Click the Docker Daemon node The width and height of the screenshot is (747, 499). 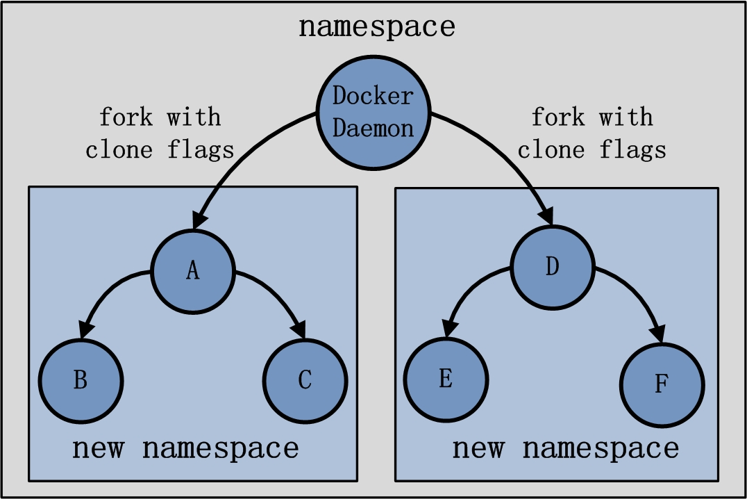pos(373,111)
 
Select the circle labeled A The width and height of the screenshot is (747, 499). pos(194,270)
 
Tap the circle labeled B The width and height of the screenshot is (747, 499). pos(81,380)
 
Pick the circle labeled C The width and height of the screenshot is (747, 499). pos(305,379)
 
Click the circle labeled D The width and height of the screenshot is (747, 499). pos(552,267)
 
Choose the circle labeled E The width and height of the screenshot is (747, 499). pos(446,378)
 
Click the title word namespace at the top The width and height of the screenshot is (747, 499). pos(376,26)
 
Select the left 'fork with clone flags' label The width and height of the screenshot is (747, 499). pos(160,133)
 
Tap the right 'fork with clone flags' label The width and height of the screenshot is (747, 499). pos(591,133)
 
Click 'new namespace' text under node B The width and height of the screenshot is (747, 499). pos(185,448)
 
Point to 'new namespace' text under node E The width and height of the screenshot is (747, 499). pos(565,448)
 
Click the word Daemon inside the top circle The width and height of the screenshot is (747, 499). pos(373,127)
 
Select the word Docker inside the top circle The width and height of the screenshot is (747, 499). pos(373,96)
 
